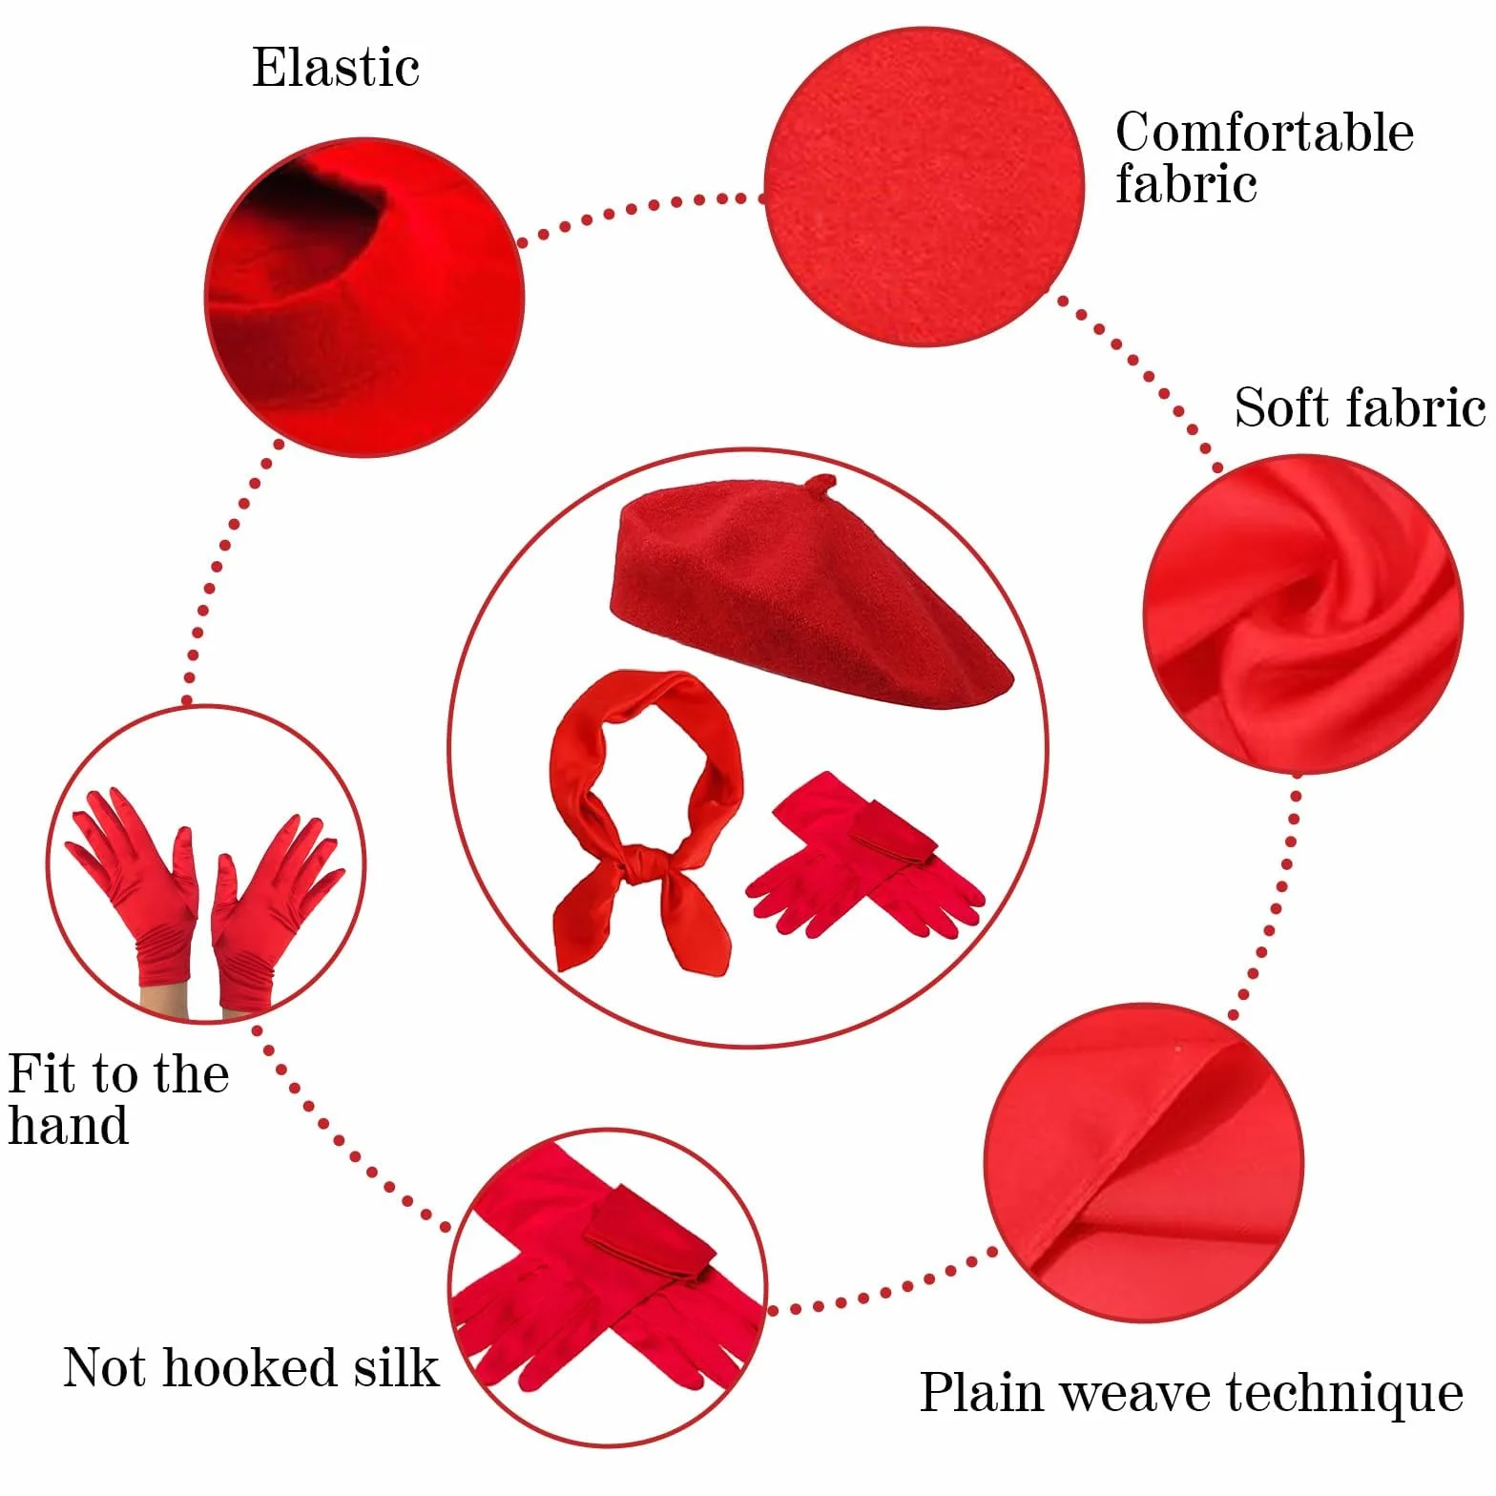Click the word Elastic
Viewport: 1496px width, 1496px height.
point(336,67)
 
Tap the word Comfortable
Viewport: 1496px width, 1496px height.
point(1264,132)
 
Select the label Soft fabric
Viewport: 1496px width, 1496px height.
point(1361,407)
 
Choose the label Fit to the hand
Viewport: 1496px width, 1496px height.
point(118,1098)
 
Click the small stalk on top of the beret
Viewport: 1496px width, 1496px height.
point(819,485)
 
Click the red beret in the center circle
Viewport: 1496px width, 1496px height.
point(811,592)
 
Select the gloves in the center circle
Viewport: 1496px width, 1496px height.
point(863,856)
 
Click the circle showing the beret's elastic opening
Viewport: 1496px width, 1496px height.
point(364,297)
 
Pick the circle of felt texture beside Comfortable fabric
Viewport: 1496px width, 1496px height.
point(924,186)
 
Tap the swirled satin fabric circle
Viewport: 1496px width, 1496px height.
point(1302,613)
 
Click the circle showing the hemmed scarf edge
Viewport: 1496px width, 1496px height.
point(1143,1162)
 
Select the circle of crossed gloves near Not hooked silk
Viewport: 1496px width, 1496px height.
point(608,1287)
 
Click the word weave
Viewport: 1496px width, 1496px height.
point(1134,1395)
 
